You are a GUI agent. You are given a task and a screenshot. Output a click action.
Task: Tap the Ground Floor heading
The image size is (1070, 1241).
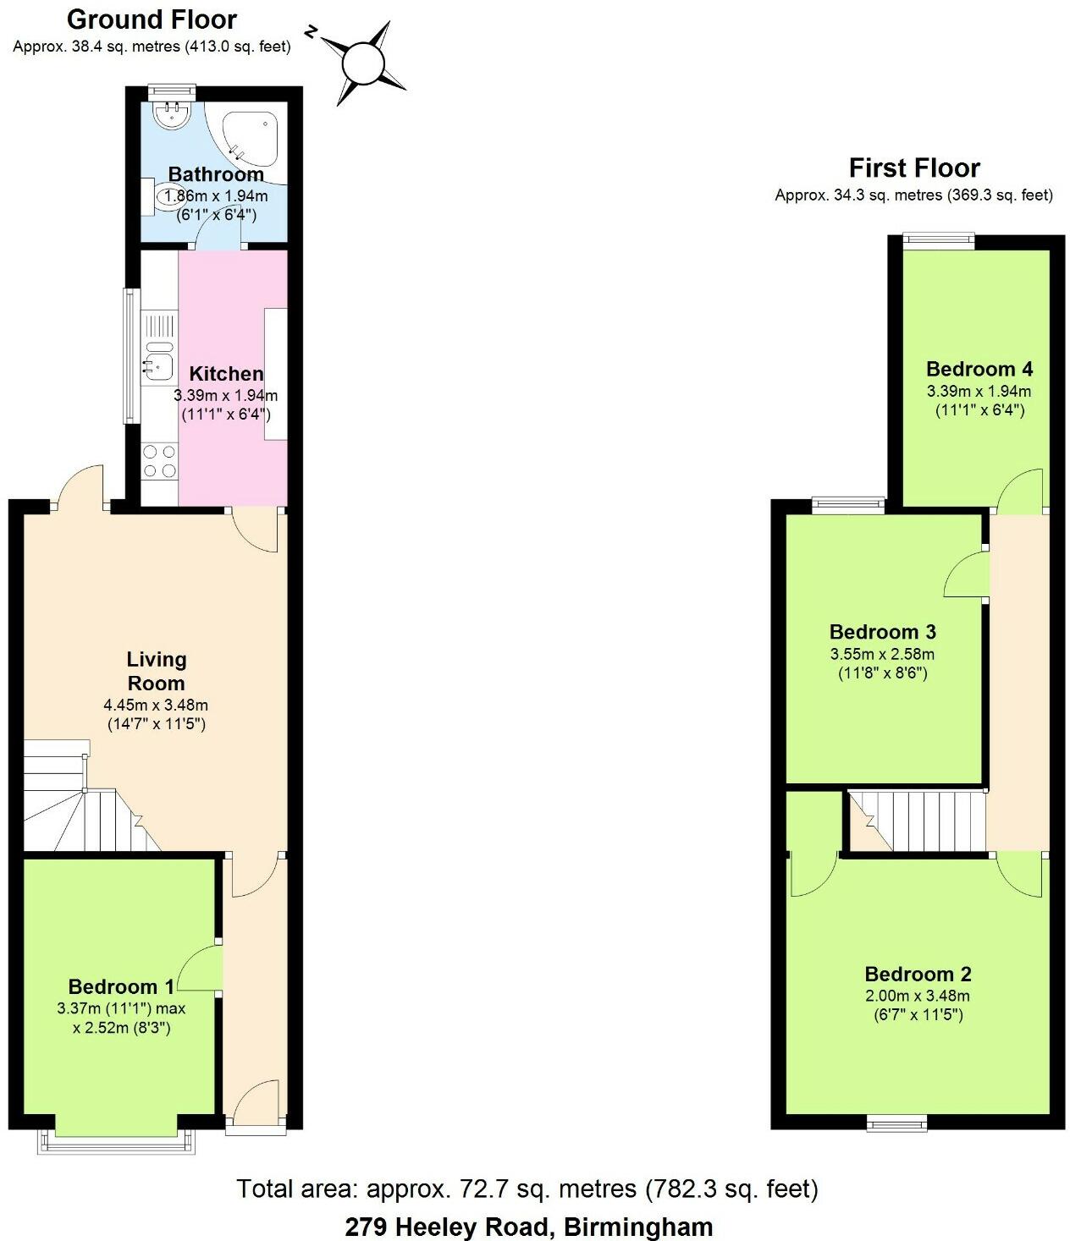(x=152, y=19)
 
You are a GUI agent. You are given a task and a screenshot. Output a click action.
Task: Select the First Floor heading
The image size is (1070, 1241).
(x=914, y=167)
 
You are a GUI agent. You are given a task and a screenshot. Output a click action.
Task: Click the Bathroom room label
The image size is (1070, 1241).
(x=216, y=174)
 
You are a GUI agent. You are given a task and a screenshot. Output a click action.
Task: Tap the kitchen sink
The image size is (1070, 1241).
(x=158, y=365)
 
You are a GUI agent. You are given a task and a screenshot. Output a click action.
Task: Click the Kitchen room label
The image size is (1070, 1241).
(x=226, y=374)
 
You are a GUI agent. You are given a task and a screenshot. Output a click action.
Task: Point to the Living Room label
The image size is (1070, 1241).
(x=157, y=671)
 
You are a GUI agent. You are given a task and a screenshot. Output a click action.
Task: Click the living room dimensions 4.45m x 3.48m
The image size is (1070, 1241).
(x=156, y=705)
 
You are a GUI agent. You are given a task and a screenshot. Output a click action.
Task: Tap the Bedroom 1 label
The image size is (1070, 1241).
(x=121, y=986)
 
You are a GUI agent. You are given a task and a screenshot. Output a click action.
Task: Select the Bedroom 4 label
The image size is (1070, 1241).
(x=979, y=369)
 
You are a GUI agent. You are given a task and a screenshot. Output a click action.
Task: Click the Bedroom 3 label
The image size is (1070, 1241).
(x=882, y=632)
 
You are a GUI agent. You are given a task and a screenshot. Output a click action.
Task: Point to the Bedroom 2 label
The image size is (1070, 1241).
(x=918, y=974)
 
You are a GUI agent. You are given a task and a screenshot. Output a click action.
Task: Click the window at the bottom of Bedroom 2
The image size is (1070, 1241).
(x=896, y=1123)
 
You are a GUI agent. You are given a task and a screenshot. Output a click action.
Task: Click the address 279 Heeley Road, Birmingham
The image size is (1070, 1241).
(x=528, y=1226)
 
